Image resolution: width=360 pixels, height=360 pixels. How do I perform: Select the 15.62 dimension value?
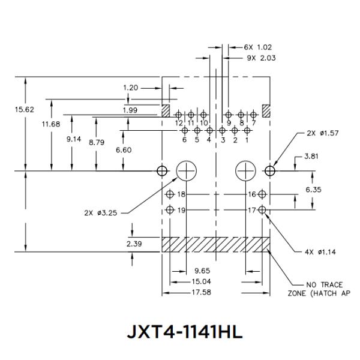[x=25, y=110]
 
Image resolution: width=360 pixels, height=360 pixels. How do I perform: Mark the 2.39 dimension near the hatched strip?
[x=134, y=244]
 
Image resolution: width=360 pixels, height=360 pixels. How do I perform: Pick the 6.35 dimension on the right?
[x=314, y=189]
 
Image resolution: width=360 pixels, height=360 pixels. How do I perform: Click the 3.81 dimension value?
[x=310, y=157]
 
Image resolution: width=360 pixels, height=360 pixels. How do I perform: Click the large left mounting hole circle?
[x=187, y=171]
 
